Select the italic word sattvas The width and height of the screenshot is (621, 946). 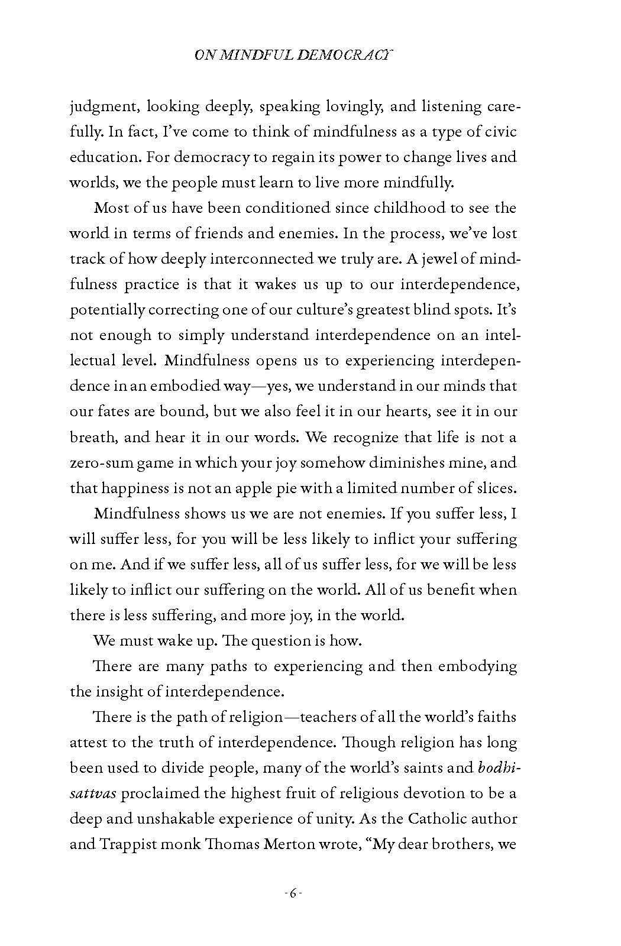(x=95, y=793)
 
